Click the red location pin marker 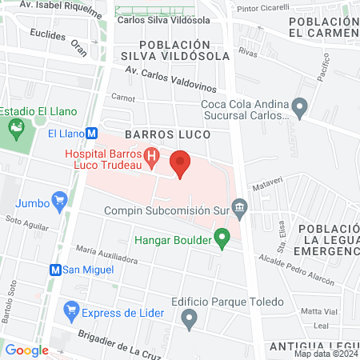(180, 164)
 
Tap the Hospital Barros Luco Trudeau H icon (150, 156)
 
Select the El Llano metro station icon (93, 134)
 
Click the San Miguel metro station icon (56, 270)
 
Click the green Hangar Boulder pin (223, 239)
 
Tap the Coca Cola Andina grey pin (300, 105)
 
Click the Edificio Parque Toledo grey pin (190, 319)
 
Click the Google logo (26, 350)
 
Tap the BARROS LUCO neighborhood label (167, 135)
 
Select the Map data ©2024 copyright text (325, 353)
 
